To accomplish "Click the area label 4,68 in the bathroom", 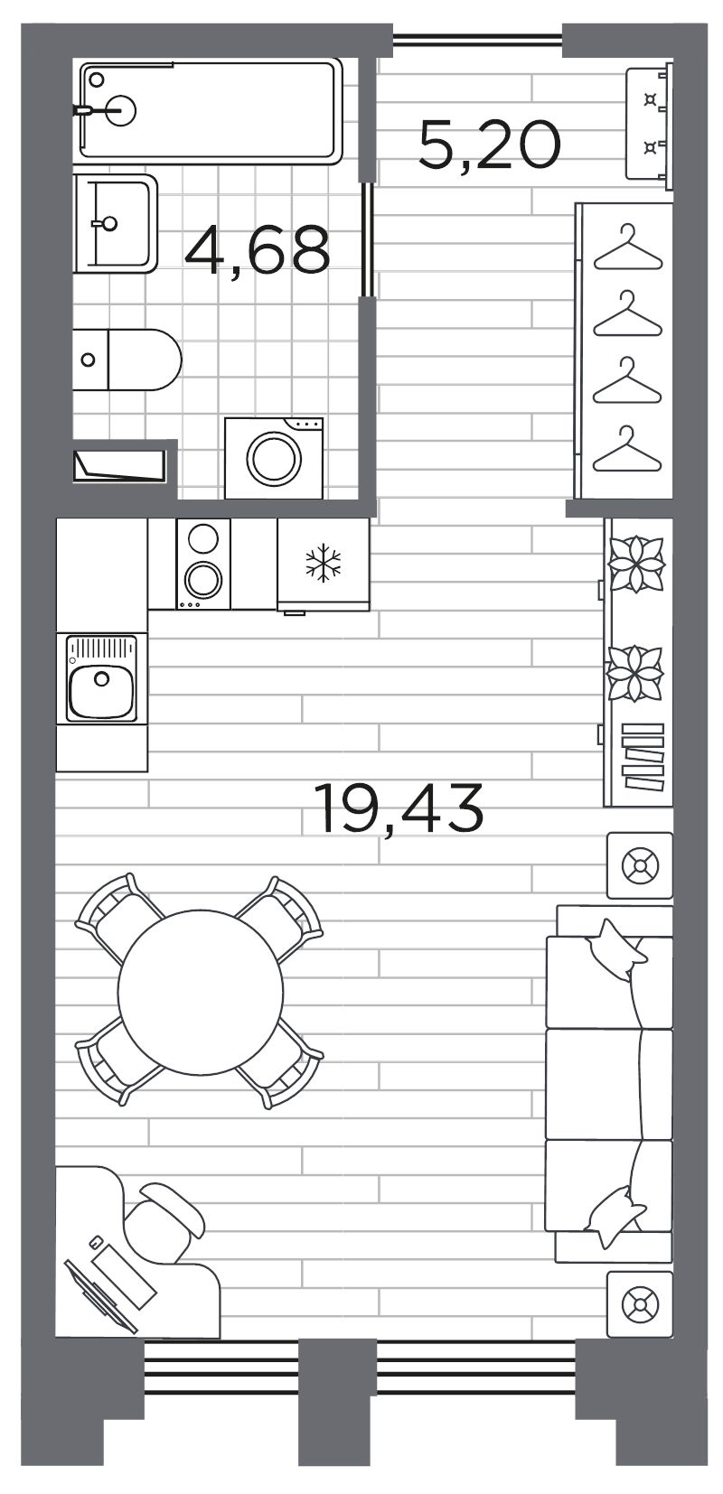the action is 257,249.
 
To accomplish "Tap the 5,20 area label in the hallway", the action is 489,145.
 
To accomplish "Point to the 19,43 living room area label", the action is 399,808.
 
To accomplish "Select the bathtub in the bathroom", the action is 208,111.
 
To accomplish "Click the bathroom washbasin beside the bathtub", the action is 116,223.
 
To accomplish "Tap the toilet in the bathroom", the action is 127,359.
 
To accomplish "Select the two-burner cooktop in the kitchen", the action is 203,564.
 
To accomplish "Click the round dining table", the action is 200,991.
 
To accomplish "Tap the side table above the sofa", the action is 640,865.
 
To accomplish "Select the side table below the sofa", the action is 640,1304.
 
